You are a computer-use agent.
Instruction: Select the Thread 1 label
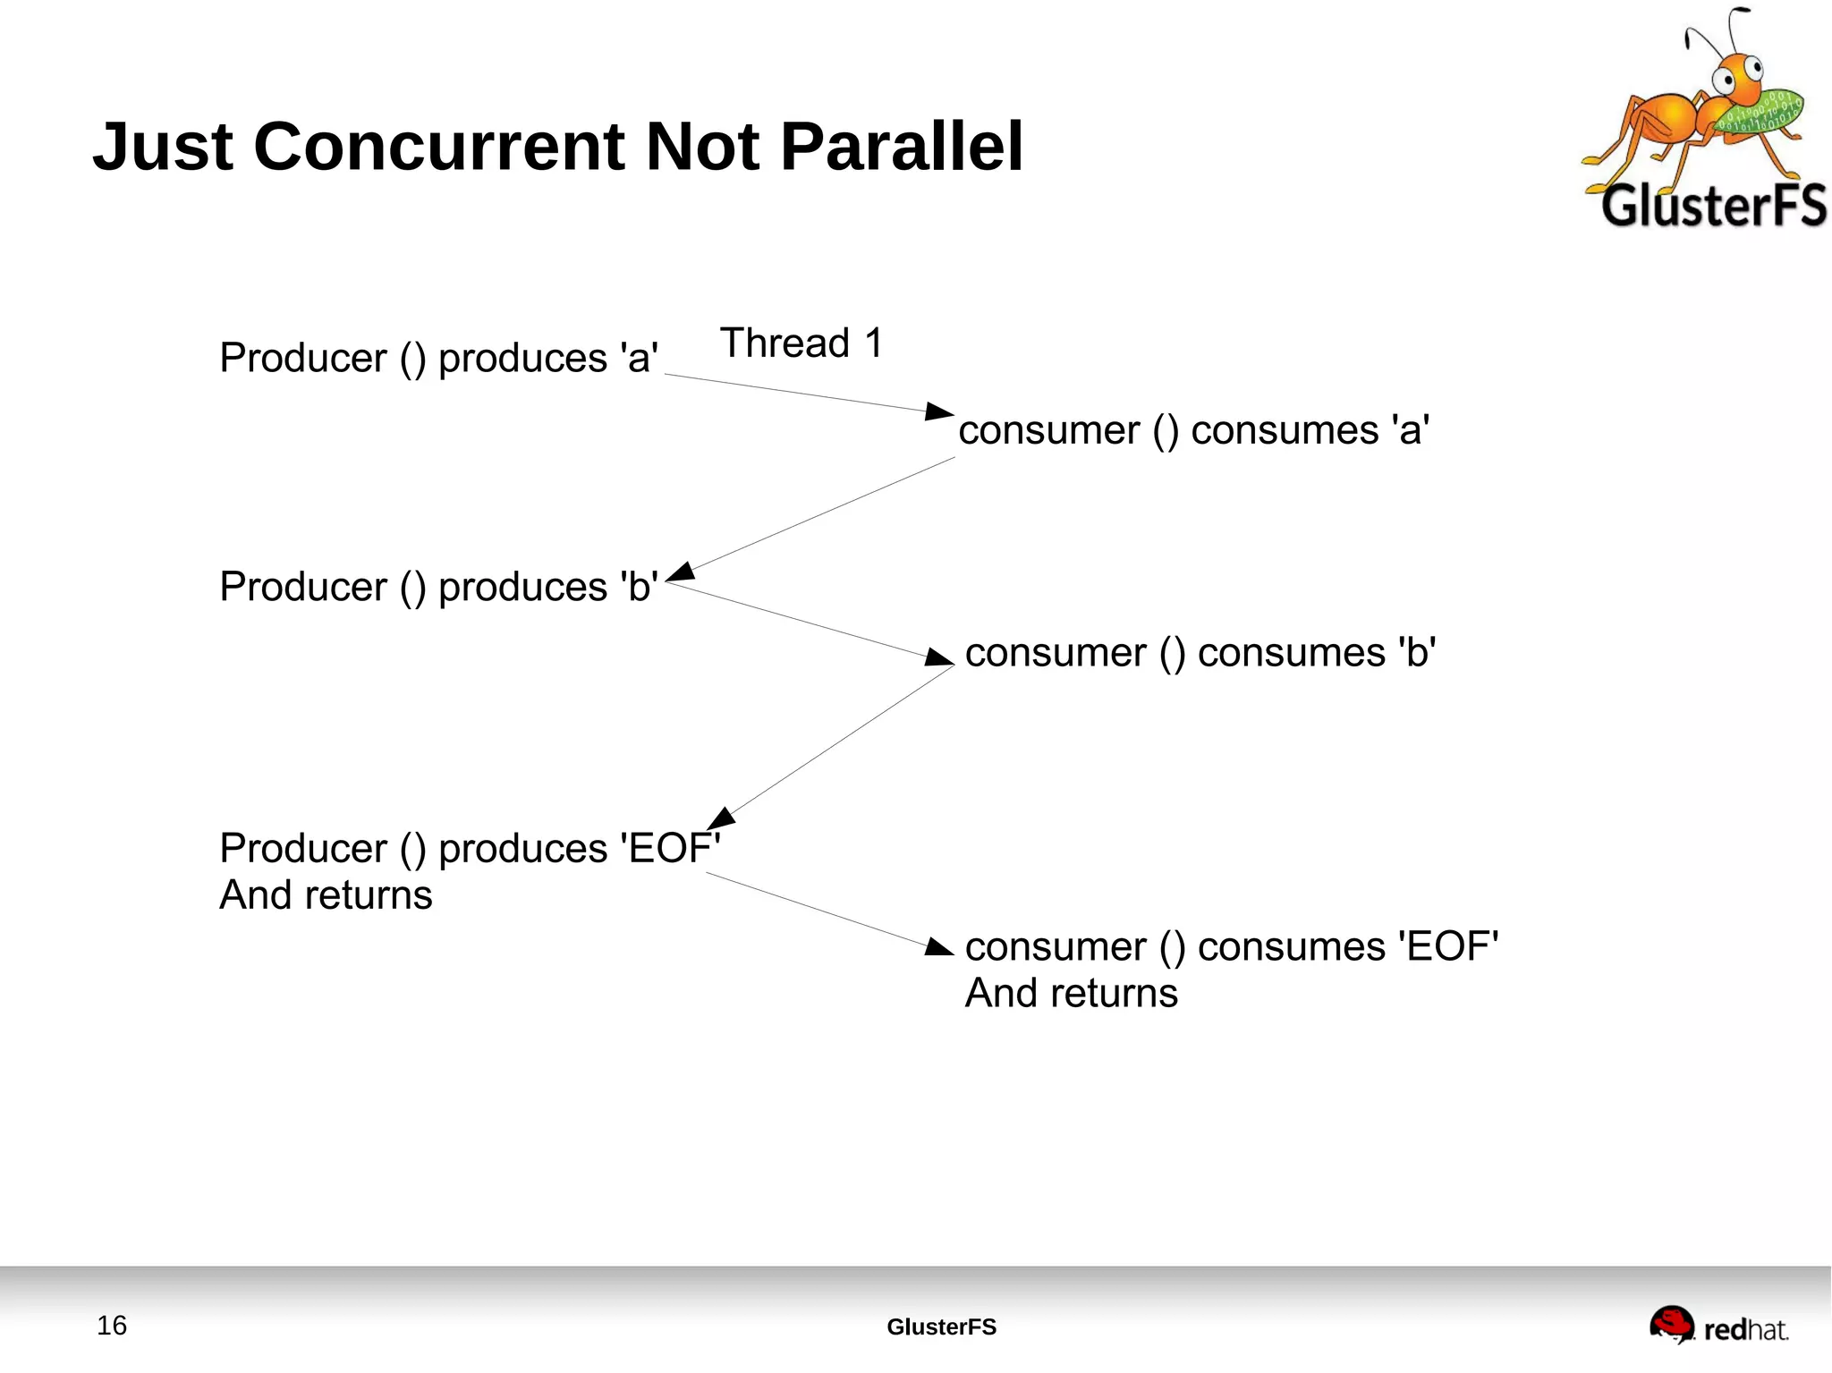pos(801,343)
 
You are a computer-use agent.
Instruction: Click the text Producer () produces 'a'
pos(438,358)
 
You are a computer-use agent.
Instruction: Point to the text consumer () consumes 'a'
pos(1193,430)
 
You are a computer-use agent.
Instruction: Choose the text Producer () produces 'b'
pos(438,587)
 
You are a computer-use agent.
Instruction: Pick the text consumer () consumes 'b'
pos(1200,653)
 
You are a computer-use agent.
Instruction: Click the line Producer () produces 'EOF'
pos(469,848)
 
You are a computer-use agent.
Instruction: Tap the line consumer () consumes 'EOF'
pos(1231,946)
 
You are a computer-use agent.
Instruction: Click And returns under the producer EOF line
pos(326,895)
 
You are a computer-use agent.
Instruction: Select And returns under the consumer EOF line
pos(1071,994)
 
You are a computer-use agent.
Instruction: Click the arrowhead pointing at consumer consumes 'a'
pos(939,411)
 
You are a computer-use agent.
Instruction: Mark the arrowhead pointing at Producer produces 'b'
pos(681,572)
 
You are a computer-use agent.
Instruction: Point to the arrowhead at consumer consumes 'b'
pos(939,658)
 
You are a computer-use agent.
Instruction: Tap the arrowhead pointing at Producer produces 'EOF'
pos(721,818)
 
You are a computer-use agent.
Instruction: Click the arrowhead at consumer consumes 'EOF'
pos(939,947)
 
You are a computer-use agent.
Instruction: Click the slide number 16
pos(112,1326)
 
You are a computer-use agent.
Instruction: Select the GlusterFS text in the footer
pos(941,1327)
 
